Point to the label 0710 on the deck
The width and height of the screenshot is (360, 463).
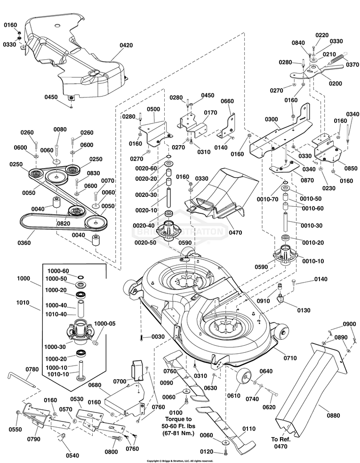tap(290, 358)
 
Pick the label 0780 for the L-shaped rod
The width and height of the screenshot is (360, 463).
tap(32, 370)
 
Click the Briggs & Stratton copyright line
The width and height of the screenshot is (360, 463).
tap(180, 461)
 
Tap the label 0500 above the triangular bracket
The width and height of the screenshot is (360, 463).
tap(153, 109)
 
